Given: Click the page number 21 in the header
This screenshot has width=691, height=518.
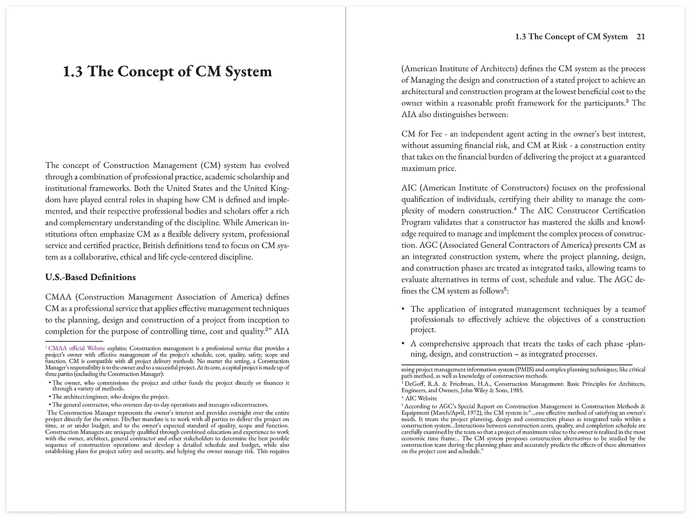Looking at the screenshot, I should tap(641, 37).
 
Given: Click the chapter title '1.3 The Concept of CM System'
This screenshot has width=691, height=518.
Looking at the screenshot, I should tap(167, 72).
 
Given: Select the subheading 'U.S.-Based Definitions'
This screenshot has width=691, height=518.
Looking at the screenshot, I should tap(90, 277).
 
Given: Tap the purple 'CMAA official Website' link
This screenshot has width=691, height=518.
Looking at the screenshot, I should tap(77, 349).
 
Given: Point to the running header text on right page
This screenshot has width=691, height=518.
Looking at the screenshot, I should tap(571, 37).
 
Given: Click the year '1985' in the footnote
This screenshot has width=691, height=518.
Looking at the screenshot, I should tap(516, 390).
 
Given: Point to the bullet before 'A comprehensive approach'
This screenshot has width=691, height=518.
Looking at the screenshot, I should tap(403, 344).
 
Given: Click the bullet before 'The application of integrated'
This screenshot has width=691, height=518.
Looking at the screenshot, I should tap(403, 309).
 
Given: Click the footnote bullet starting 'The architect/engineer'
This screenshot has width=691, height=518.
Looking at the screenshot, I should tap(50, 397).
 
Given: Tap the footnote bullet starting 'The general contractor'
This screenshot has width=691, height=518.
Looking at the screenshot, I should tap(50, 405).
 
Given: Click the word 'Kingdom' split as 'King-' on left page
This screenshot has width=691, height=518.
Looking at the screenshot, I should tap(279, 188).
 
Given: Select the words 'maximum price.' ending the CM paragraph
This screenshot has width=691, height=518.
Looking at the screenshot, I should tap(429, 168).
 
